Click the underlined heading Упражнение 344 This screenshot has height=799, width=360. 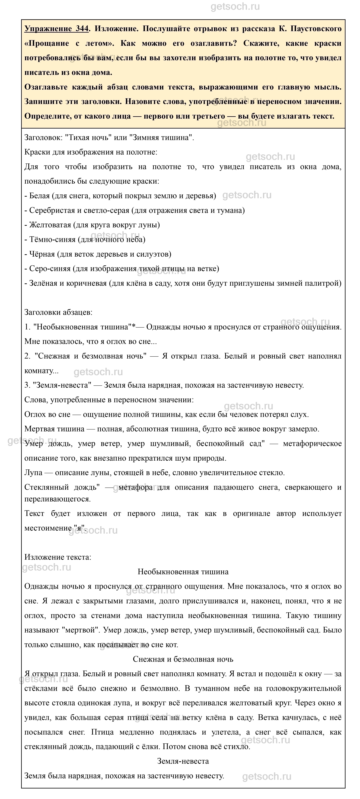tap(57, 29)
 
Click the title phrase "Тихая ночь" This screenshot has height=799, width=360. tap(89, 138)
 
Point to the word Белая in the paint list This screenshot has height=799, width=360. tap(39, 196)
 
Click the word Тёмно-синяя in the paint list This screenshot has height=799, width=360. tap(52, 239)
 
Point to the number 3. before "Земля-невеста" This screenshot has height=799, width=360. tap(28, 385)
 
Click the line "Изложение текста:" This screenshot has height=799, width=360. tap(58, 557)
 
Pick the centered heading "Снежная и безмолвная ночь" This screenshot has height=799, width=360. tap(183, 659)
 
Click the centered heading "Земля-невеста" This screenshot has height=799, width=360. tap(183, 761)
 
